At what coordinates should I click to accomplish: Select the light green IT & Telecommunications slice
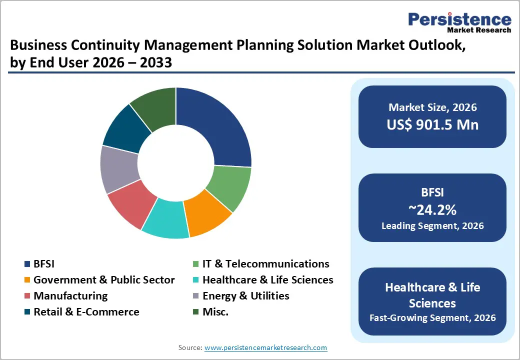[230, 187]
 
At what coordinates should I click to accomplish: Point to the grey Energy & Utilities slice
[119, 169]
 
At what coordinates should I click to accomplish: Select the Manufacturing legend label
[70, 296]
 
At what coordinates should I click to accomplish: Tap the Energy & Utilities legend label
[245, 296]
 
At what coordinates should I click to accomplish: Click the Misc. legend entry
[215, 312]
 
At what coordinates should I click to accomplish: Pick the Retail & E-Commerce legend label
[86, 312]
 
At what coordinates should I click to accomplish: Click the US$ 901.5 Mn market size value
[432, 124]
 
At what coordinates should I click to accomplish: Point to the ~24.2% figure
[432, 208]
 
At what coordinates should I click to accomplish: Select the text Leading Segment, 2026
[432, 226]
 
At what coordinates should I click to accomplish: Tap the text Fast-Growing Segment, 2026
[432, 317]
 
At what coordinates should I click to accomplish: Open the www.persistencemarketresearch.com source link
[265, 347]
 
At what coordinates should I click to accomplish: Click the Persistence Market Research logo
[459, 22]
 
